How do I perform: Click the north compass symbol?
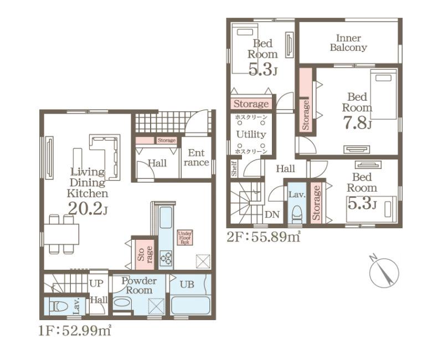[x=384, y=272]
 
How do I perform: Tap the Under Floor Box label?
[x=185, y=238]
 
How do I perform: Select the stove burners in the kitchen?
[x=166, y=258]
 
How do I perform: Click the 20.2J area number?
[x=87, y=209]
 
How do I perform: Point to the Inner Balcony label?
[x=348, y=43]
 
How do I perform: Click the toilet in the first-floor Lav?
[x=60, y=306]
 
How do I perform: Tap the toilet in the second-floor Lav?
[x=297, y=213]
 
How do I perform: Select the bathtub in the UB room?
[x=190, y=305]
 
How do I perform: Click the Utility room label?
[x=251, y=134]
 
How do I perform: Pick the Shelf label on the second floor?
[x=234, y=169]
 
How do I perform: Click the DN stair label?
[x=272, y=214]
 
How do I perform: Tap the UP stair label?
[x=96, y=284]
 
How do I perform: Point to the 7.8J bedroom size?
[x=357, y=123]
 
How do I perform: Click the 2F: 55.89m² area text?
[x=264, y=237]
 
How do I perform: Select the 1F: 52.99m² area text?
[x=75, y=330]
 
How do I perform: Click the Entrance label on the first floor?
[x=197, y=158]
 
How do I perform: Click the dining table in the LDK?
[x=61, y=234]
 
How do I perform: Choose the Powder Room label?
[x=139, y=285]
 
